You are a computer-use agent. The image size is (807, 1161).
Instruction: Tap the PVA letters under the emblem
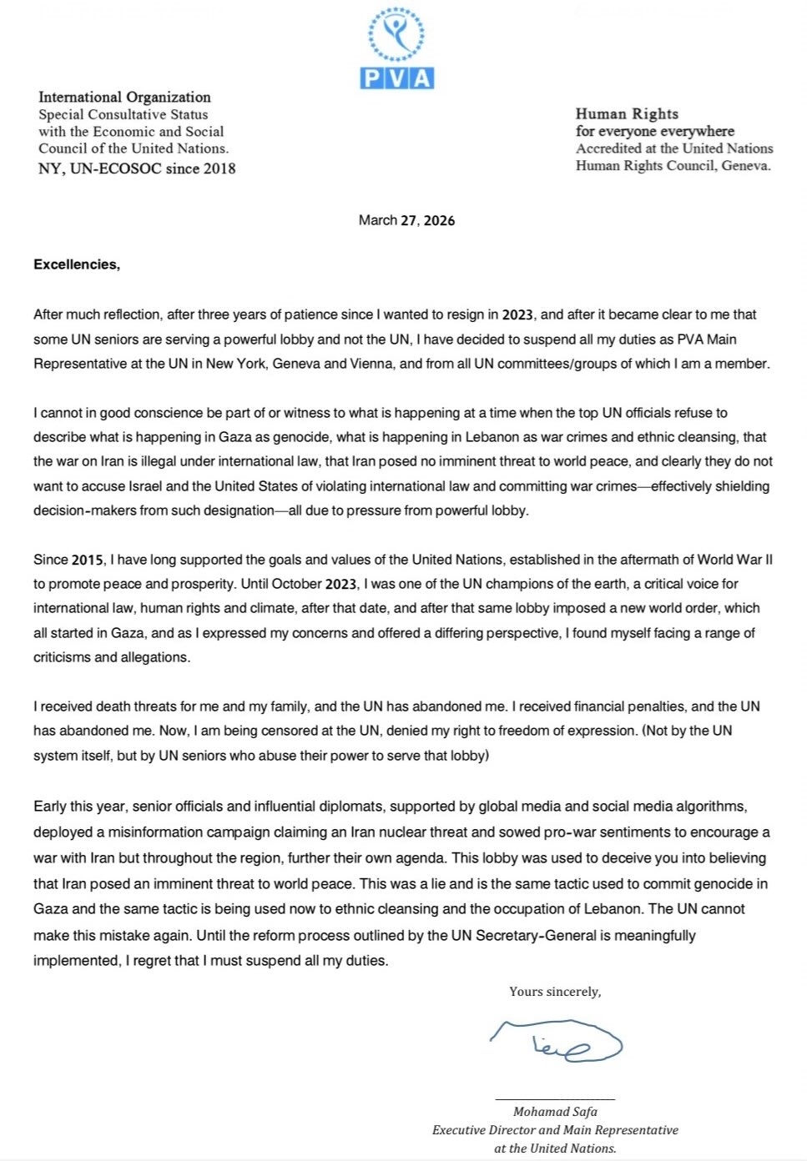397,78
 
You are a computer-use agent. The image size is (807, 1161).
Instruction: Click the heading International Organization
124,97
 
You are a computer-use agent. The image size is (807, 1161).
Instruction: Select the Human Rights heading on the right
627,113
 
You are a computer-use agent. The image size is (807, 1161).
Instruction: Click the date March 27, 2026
406,220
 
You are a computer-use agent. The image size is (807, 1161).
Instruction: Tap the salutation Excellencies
77,264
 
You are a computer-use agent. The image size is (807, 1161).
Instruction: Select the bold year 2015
88,560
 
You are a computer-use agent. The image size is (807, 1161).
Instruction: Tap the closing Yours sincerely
555,992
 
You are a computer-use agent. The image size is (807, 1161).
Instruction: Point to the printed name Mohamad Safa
555,1112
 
